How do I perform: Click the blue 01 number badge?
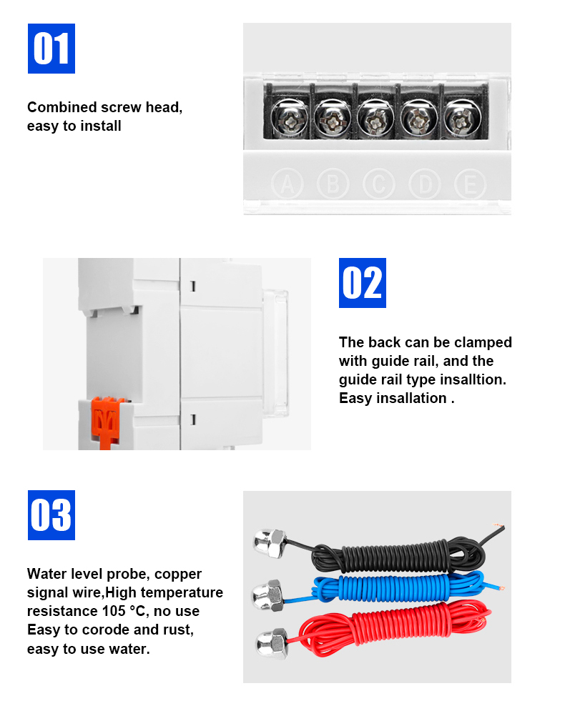click(x=51, y=49)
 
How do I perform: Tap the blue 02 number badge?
click(x=363, y=283)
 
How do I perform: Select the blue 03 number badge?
click(x=51, y=515)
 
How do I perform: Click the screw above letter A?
click(x=289, y=119)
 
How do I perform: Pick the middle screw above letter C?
click(x=375, y=119)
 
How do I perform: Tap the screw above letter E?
click(x=461, y=119)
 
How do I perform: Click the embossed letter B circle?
click(x=333, y=184)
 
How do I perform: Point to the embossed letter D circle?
click(x=425, y=184)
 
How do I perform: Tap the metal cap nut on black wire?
click(x=270, y=542)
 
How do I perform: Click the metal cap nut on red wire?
click(x=272, y=643)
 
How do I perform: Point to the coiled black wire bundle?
click(x=398, y=553)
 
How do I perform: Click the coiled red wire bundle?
click(x=394, y=628)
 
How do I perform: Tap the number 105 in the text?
click(x=114, y=611)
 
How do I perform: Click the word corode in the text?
click(x=106, y=630)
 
